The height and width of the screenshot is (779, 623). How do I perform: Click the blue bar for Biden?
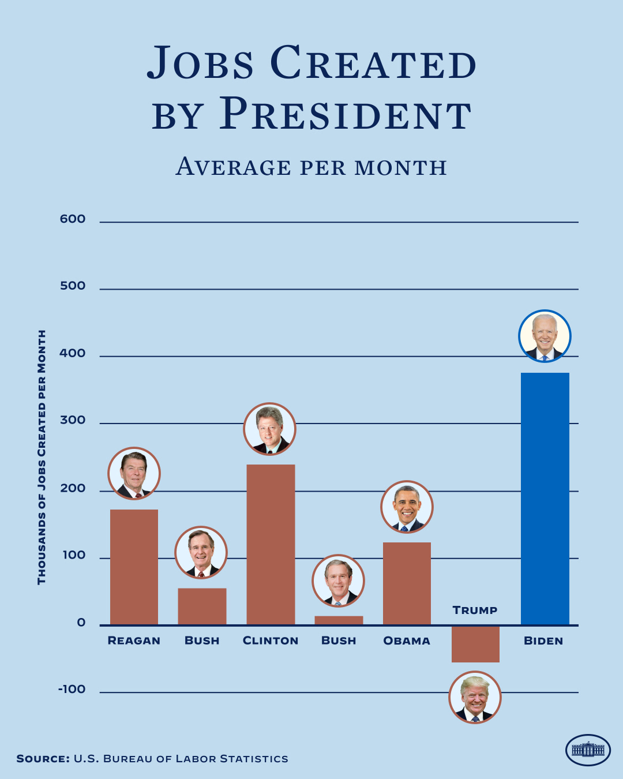pyautogui.click(x=545, y=499)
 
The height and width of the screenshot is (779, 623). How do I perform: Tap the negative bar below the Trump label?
pyautogui.click(x=475, y=644)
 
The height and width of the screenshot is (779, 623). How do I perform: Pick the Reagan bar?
pyautogui.click(x=134, y=567)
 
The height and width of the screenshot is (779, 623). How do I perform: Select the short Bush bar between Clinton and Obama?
pyautogui.click(x=339, y=620)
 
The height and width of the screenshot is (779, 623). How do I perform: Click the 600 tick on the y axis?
pyautogui.click(x=73, y=219)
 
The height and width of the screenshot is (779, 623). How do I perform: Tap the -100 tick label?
pyautogui.click(x=72, y=690)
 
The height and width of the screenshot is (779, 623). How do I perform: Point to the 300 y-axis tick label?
pyautogui.click(x=73, y=421)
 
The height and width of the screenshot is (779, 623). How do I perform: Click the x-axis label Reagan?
pyautogui.click(x=134, y=641)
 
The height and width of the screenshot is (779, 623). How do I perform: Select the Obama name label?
pyautogui.click(x=407, y=641)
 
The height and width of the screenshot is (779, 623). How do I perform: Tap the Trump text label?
pyautogui.click(x=475, y=611)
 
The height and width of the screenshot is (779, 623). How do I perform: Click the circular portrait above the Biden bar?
pyautogui.click(x=545, y=336)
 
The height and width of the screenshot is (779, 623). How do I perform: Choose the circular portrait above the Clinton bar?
pyautogui.click(x=269, y=429)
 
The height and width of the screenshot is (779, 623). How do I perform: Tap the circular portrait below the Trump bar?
pyautogui.click(x=475, y=698)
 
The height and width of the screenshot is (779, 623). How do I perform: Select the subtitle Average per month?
pyautogui.click(x=311, y=167)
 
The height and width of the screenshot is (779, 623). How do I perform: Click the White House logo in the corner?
pyautogui.click(x=588, y=750)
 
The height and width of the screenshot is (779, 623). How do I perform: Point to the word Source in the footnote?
pyautogui.click(x=43, y=759)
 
